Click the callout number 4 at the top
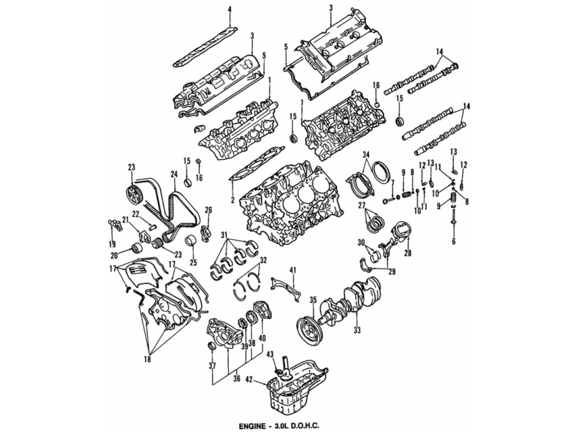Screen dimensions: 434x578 229,9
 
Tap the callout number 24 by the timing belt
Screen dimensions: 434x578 174,173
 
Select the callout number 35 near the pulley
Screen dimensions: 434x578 313,300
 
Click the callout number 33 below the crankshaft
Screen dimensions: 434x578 357,330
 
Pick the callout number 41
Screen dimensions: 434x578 292,270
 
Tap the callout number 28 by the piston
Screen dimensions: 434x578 408,253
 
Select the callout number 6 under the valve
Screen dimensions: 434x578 453,241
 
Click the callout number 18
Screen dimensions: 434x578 147,359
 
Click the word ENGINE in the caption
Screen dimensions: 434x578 252,425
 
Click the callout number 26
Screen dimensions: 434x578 208,210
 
